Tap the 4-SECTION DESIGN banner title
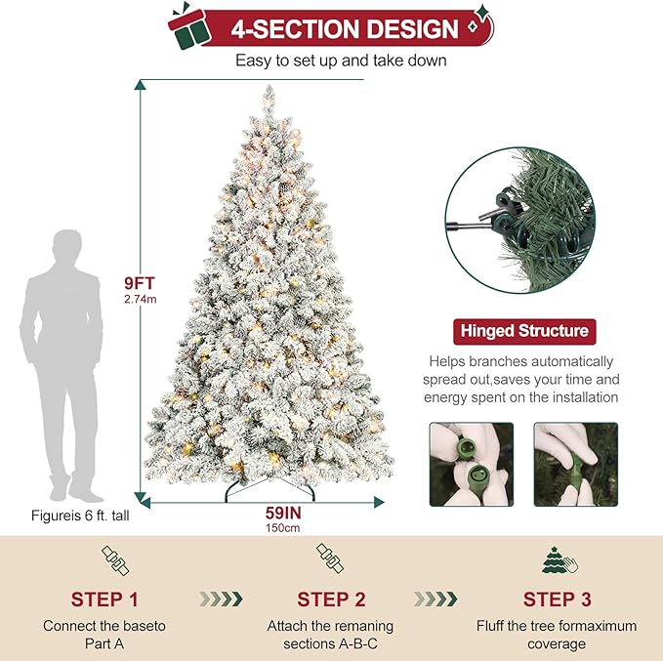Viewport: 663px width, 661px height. pyautogui.click(x=345, y=28)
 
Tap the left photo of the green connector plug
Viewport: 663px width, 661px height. pyautogui.click(x=471, y=464)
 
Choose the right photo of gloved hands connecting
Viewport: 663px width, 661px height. pyautogui.click(x=575, y=464)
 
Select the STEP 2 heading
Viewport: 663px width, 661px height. pyautogui.click(x=330, y=599)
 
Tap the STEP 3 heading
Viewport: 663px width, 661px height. pyautogui.click(x=556, y=599)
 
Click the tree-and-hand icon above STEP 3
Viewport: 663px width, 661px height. pyautogui.click(x=556, y=560)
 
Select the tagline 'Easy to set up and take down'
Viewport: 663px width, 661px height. pyautogui.click(x=341, y=61)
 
